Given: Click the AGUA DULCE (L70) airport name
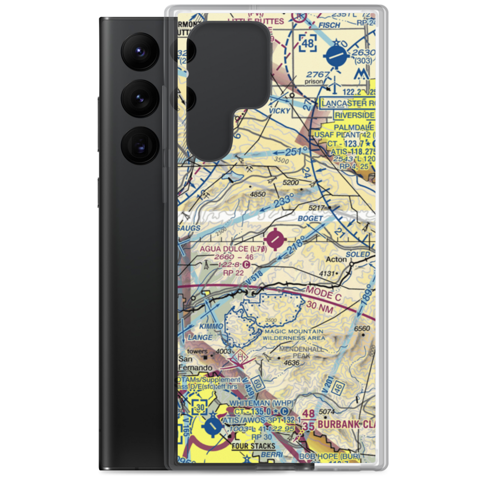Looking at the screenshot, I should point(233,248).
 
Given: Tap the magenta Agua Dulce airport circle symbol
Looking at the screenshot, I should point(275,238).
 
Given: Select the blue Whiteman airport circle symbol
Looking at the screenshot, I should point(212,427).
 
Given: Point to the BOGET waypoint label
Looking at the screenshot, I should point(311,219).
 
